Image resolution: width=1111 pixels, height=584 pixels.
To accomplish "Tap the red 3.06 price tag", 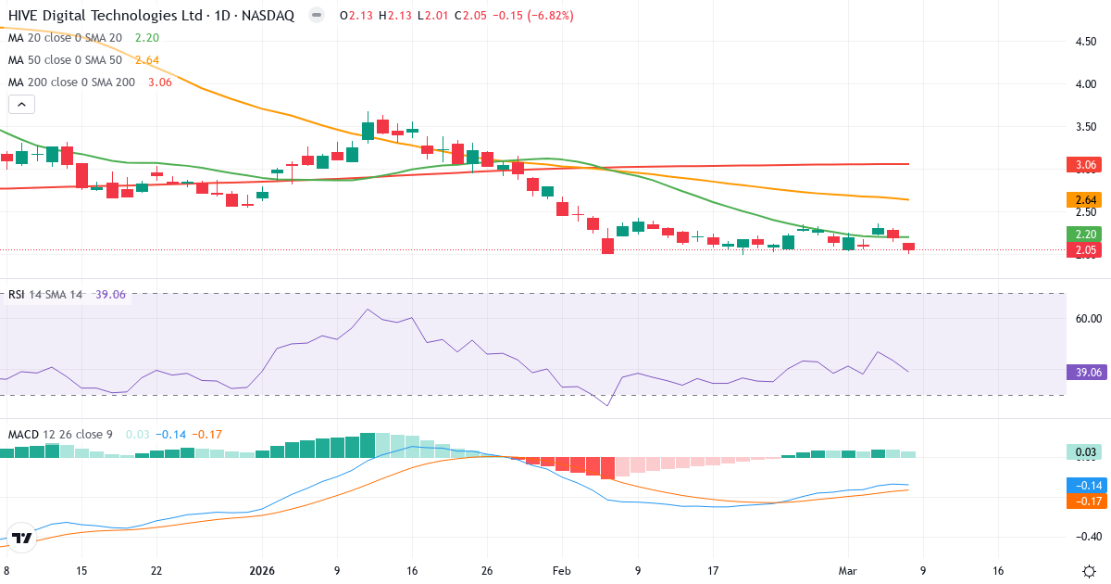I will pos(1087,166).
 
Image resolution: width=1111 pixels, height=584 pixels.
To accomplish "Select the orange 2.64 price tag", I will pos(1087,200).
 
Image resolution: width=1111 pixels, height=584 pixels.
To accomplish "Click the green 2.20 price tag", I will pos(1087,235).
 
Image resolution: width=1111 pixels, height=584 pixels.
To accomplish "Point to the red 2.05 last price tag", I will pos(1087,250).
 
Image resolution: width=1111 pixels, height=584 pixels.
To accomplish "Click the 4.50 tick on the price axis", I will pos(1087,42).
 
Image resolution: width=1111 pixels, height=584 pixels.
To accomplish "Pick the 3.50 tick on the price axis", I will pos(1087,126).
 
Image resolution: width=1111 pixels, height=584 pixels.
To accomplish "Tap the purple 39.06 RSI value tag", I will pos(1087,373).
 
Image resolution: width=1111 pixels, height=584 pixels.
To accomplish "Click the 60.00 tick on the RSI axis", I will pos(1087,319).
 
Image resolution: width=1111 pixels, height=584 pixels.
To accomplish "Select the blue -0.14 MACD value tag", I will pos(1087,485).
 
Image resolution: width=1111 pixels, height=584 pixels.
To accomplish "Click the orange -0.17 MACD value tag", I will pos(1087,501).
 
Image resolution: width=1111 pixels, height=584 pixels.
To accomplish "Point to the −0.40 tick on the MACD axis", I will pos(1087,537).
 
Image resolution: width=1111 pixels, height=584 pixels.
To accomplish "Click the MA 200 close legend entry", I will pos(71,83).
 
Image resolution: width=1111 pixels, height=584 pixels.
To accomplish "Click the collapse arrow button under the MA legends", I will pos(21,104).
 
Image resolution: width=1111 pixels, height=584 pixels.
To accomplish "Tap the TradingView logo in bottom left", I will pos(23,538).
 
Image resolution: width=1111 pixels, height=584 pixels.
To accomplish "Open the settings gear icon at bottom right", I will pos(1089,571).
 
